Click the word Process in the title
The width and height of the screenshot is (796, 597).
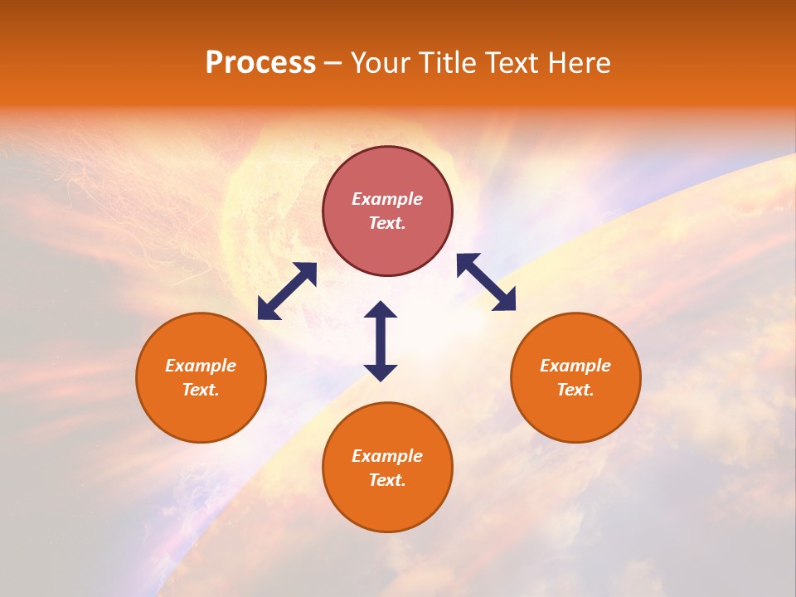pos(260,63)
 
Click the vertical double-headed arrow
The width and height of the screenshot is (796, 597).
pos(381,341)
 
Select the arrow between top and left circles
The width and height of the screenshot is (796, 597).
pos(287,291)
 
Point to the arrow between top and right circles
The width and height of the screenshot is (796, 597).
pos(486,282)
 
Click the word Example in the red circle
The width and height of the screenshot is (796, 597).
pos(387,199)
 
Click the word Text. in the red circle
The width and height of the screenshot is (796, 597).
pos(387,223)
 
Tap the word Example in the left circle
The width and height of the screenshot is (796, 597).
pos(201,366)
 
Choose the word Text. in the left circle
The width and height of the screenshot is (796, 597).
pos(201,390)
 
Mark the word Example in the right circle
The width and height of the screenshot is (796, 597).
pos(575,366)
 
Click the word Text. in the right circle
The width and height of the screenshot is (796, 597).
pos(575,390)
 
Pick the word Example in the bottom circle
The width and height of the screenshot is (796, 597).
pos(387,456)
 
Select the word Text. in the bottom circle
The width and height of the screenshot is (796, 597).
pos(387,480)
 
